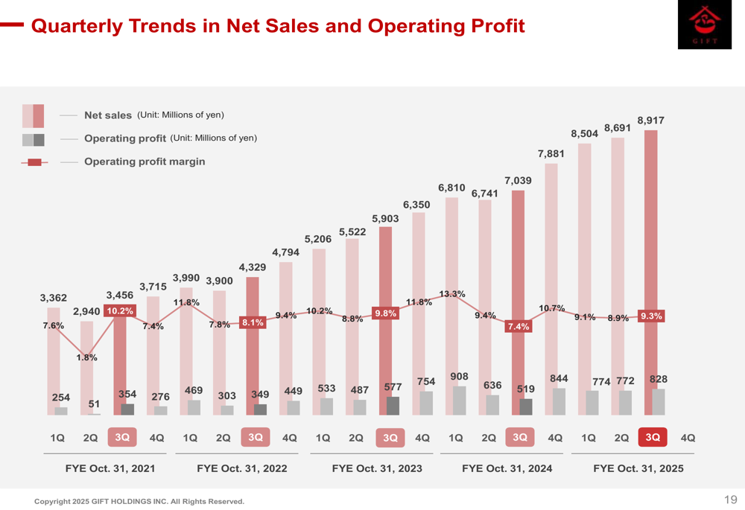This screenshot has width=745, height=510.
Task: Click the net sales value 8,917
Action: [x=650, y=120]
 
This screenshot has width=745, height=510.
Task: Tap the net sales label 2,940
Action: [x=87, y=310]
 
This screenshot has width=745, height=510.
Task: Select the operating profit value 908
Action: [x=459, y=377]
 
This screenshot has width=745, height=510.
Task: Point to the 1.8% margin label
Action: [x=86, y=357]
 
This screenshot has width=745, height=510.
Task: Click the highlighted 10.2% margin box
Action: [x=120, y=311]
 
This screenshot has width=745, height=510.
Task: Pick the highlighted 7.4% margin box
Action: [x=519, y=327]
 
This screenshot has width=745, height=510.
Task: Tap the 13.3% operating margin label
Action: [x=452, y=294]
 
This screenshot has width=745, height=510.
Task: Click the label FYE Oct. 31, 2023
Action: [x=377, y=469]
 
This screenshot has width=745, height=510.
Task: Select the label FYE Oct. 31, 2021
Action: [x=111, y=469]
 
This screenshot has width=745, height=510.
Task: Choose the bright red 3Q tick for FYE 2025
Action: [x=653, y=438]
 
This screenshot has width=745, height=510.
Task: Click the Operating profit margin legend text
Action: [x=145, y=162]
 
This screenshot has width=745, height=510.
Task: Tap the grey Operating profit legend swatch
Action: [x=34, y=139]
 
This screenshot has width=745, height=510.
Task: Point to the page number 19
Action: [x=730, y=500]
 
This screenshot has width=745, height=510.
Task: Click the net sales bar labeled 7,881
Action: [x=551, y=283]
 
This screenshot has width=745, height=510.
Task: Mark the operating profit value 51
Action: [x=94, y=404]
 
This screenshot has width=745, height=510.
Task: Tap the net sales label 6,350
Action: [x=416, y=205]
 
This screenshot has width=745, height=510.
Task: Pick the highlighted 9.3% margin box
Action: [x=651, y=316]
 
